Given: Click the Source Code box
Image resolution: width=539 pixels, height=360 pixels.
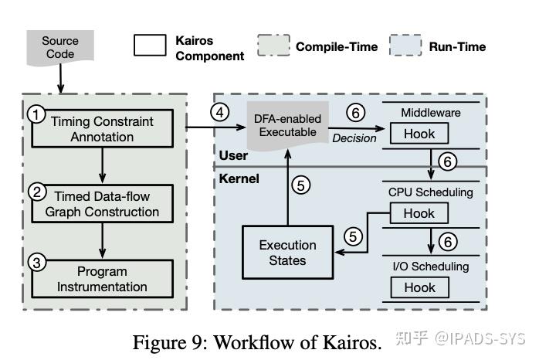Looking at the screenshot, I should [x=59, y=47].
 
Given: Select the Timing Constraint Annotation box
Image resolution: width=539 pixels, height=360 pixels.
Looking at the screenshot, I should [x=101, y=129].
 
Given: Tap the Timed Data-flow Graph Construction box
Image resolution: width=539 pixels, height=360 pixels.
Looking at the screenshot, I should [x=101, y=204].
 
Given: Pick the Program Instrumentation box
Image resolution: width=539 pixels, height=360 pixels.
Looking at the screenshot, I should [x=101, y=279].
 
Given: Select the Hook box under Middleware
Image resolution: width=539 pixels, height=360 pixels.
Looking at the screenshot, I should [x=419, y=134].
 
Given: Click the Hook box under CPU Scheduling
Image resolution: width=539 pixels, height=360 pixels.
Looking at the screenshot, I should [x=419, y=213].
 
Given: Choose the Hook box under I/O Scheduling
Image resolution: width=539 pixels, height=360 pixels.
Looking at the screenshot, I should [x=419, y=287].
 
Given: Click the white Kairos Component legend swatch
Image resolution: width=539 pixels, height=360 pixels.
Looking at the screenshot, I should [x=151, y=46].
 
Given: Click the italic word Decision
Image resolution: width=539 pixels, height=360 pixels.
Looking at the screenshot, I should [x=354, y=138].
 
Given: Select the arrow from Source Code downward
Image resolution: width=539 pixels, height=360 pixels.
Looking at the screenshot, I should [x=59, y=78].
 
